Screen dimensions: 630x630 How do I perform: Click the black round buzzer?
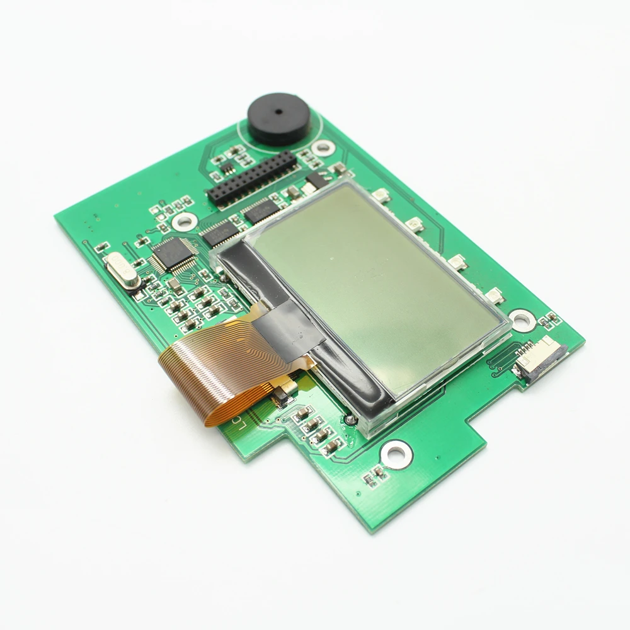click(278, 119)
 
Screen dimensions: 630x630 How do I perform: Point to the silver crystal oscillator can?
click(123, 270)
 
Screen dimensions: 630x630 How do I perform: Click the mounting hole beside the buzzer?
click(323, 148)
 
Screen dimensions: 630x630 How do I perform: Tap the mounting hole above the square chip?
click(185, 220)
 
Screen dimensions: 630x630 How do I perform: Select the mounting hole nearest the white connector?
click(523, 320)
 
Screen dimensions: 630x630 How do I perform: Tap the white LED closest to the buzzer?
click(380, 195)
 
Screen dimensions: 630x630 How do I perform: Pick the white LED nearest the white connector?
click(495, 295)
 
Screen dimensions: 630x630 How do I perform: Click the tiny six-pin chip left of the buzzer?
click(226, 166)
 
